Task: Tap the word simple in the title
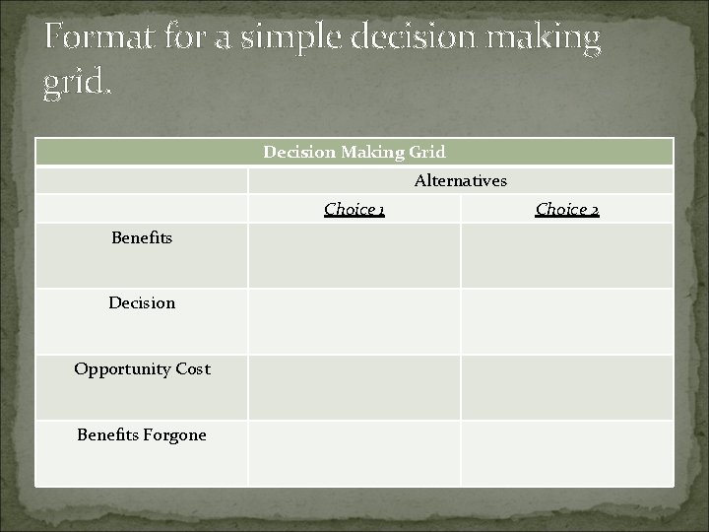275,39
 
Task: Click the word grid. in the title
78,85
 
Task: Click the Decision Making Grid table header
354,152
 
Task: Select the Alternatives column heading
461,180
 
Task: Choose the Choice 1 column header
354,209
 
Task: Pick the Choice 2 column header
567,209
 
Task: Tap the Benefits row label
142,237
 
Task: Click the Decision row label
142,303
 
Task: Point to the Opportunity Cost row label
142,369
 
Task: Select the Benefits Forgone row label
142,434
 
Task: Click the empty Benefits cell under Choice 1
354,255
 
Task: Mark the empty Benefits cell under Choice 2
567,255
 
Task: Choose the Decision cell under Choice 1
354,321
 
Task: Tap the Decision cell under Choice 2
567,321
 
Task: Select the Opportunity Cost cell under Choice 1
354,387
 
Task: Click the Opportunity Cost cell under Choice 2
567,387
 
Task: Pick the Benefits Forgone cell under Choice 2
567,452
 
